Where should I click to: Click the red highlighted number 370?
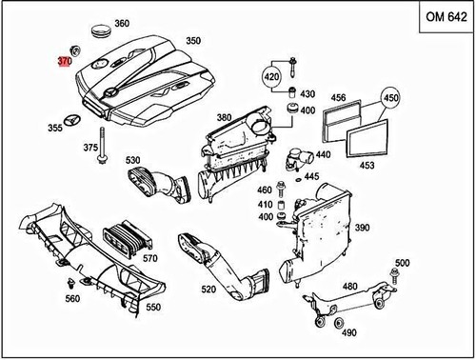click(x=65, y=61)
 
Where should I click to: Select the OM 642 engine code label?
click(x=446, y=16)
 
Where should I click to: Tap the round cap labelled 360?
click(x=102, y=31)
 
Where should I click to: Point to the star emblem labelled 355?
click(x=73, y=121)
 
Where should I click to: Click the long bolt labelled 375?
click(x=102, y=146)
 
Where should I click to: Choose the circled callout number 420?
click(x=272, y=76)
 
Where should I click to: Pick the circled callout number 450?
click(x=390, y=97)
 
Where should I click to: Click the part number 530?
click(x=132, y=160)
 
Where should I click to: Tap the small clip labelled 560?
click(x=70, y=283)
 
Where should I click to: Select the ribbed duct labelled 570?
click(x=128, y=239)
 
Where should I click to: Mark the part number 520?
click(x=208, y=290)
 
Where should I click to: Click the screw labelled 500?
click(x=395, y=277)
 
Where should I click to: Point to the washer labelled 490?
click(x=339, y=323)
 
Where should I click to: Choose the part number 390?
click(x=362, y=228)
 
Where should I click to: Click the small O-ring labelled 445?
click(x=298, y=180)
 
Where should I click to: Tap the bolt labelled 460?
click(x=281, y=190)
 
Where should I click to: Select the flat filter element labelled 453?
click(x=367, y=138)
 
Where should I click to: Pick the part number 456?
click(x=338, y=97)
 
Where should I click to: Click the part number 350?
click(x=193, y=41)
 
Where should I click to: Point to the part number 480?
click(x=350, y=287)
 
